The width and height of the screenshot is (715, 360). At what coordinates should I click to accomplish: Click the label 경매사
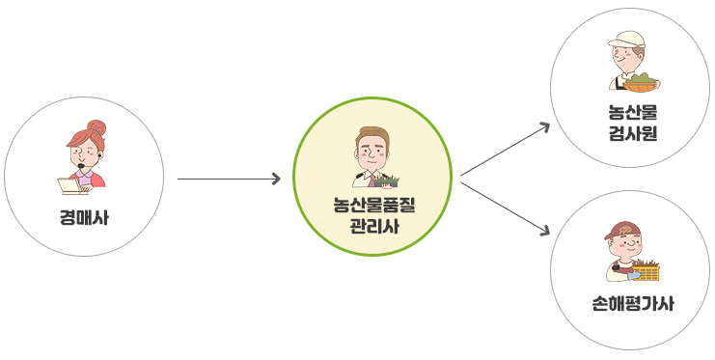click(84, 218)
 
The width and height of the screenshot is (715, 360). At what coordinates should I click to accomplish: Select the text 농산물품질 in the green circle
click(374, 205)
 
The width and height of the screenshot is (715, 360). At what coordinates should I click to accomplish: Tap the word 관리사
click(374, 226)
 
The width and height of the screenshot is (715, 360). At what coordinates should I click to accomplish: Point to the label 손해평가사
click(632, 303)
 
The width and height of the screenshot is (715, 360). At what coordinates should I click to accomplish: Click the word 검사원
click(632, 133)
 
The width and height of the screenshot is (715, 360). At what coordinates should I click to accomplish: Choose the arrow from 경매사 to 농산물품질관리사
click(229, 179)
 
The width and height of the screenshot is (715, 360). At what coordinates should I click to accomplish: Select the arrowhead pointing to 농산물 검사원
click(544, 126)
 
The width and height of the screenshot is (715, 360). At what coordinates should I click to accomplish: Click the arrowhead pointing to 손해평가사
click(544, 231)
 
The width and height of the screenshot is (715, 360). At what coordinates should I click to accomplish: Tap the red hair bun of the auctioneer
click(96, 126)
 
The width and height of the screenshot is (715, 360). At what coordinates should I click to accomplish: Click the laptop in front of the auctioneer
click(69, 186)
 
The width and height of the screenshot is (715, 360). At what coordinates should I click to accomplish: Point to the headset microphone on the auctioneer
click(81, 165)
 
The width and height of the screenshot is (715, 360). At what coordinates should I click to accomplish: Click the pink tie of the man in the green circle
click(371, 180)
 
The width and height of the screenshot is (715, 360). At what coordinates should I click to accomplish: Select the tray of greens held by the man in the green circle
click(387, 181)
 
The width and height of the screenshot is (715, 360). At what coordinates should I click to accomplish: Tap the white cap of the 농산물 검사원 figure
click(626, 40)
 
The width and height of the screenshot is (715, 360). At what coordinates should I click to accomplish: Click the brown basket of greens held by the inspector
click(641, 84)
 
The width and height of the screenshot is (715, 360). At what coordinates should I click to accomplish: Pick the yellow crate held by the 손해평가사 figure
click(646, 272)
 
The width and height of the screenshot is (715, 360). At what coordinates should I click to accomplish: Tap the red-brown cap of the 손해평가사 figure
click(621, 230)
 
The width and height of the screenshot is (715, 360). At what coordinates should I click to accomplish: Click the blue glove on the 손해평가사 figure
click(633, 275)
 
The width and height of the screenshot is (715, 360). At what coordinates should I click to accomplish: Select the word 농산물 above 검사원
click(632, 112)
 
